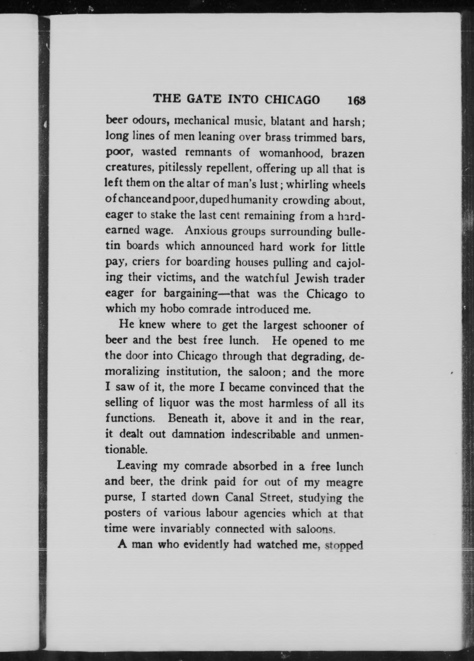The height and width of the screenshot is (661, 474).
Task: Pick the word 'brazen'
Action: (348, 153)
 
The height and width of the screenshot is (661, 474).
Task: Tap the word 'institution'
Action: (193, 372)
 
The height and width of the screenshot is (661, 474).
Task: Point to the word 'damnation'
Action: (198, 434)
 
